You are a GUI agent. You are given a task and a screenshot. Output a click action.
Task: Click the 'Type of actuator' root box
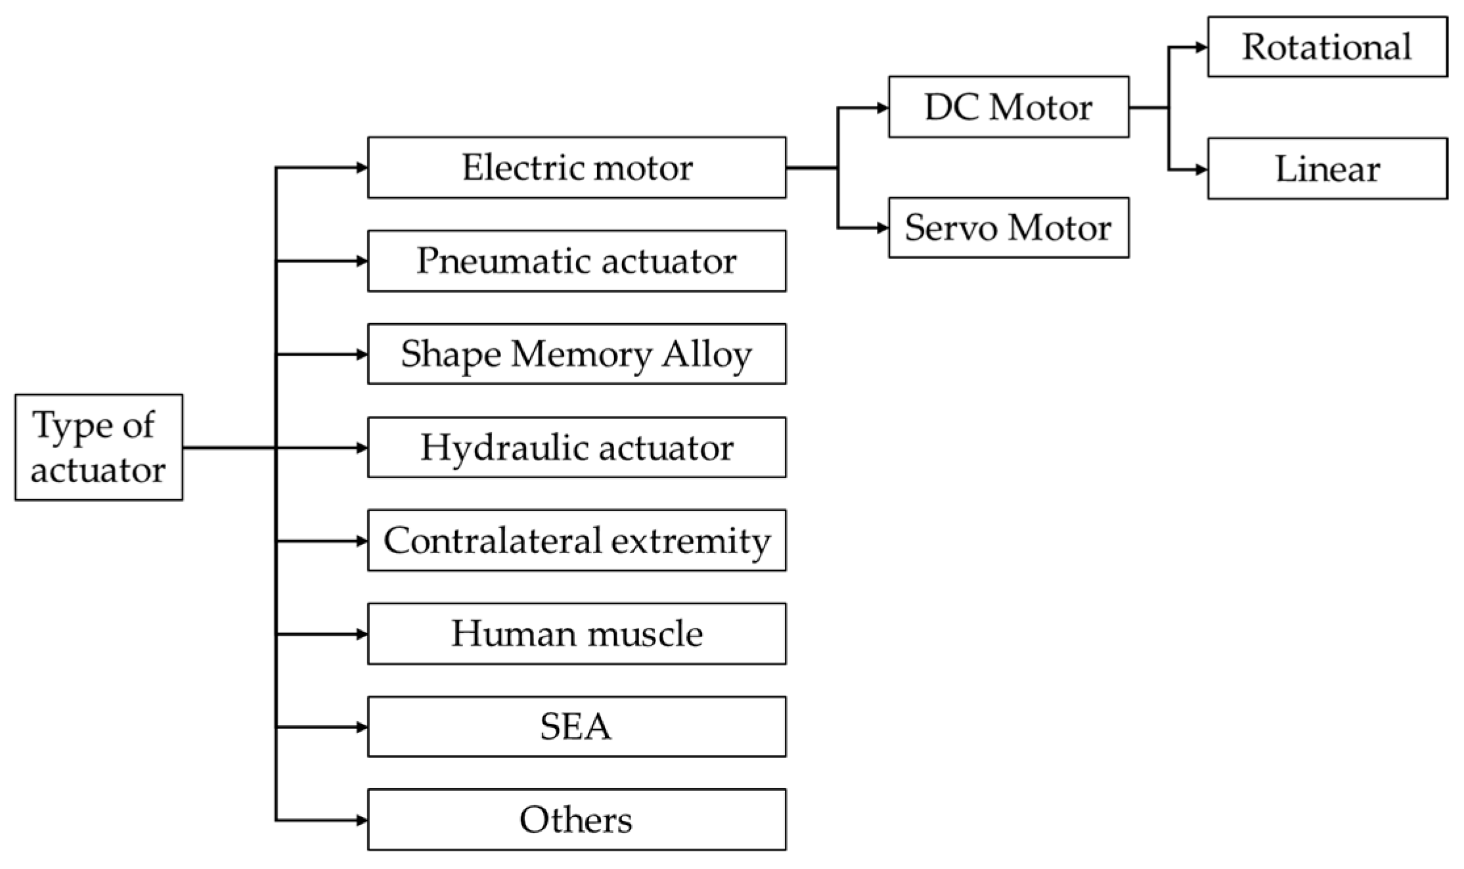[99, 447]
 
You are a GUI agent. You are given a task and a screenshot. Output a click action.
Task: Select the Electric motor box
[577, 167]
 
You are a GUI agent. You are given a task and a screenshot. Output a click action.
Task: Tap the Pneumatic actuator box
[577, 261]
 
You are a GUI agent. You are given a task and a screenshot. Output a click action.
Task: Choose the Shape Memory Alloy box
[577, 354]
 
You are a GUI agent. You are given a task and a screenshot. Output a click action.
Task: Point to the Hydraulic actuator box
[577, 447]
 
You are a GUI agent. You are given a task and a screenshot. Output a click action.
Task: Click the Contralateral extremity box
[577, 541]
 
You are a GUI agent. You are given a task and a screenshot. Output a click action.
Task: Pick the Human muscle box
[577, 634]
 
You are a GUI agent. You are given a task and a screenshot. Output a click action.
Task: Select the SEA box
[577, 727]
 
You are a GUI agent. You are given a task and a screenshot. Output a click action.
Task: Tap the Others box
[577, 820]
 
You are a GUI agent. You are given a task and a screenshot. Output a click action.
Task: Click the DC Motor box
[1009, 107]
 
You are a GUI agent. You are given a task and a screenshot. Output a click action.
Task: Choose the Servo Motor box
[1009, 228]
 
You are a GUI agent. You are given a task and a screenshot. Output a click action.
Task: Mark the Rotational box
[1327, 47]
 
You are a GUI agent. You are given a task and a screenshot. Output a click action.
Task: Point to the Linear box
[1327, 169]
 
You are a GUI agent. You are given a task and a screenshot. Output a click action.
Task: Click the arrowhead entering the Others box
[362, 820]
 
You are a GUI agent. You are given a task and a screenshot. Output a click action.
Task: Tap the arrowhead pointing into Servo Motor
[883, 228]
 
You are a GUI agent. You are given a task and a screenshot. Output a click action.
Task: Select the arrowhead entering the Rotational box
[1202, 47]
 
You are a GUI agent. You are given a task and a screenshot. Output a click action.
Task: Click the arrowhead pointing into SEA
[362, 727]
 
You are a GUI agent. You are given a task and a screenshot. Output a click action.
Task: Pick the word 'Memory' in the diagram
[581, 354]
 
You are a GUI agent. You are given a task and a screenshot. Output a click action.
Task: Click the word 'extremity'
[690, 541]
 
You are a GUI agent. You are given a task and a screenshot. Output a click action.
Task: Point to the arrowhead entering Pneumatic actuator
[362, 261]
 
